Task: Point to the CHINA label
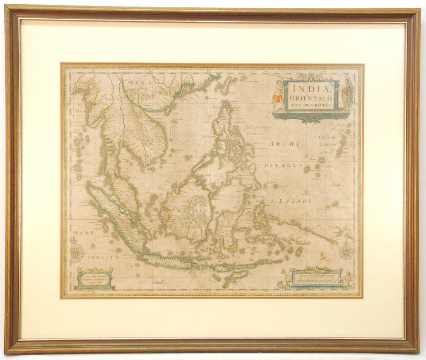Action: [137, 82]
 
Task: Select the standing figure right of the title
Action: [347, 93]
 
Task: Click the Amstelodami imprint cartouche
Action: [95, 279]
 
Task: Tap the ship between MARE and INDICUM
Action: [93, 246]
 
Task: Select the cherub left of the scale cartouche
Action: [285, 279]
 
